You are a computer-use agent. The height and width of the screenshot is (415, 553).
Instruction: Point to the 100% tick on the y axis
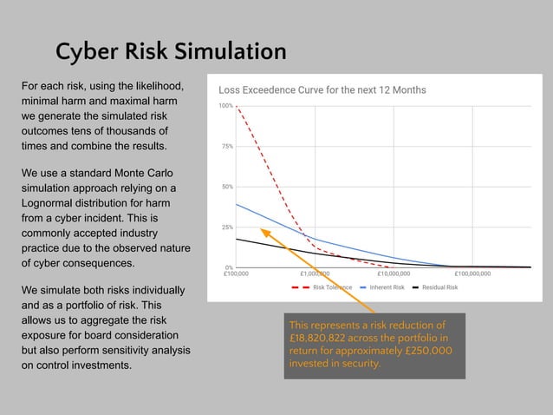pyautogui.click(x=225, y=106)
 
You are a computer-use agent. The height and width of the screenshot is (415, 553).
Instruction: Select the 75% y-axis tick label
pyautogui.click(x=225, y=147)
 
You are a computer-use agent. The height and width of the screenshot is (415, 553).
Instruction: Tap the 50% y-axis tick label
pyautogui.click(x=225, y=187)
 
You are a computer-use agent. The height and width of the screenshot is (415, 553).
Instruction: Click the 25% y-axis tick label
pyautogui.click(x=225, y=227)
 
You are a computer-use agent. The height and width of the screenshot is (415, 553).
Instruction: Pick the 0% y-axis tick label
pyautogui.click(x=228, y=267)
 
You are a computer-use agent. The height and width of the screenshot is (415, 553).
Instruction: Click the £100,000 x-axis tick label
pyautogui.click(x=236, y=274)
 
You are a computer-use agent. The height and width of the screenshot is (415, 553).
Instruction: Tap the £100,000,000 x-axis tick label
pyautogui.click(x=472, y=274)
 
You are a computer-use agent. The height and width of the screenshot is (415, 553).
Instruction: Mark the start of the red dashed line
pyautogui.click(x=237, y=107)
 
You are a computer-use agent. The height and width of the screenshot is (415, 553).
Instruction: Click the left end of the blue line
pyautogui.click(x=237, y=205)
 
